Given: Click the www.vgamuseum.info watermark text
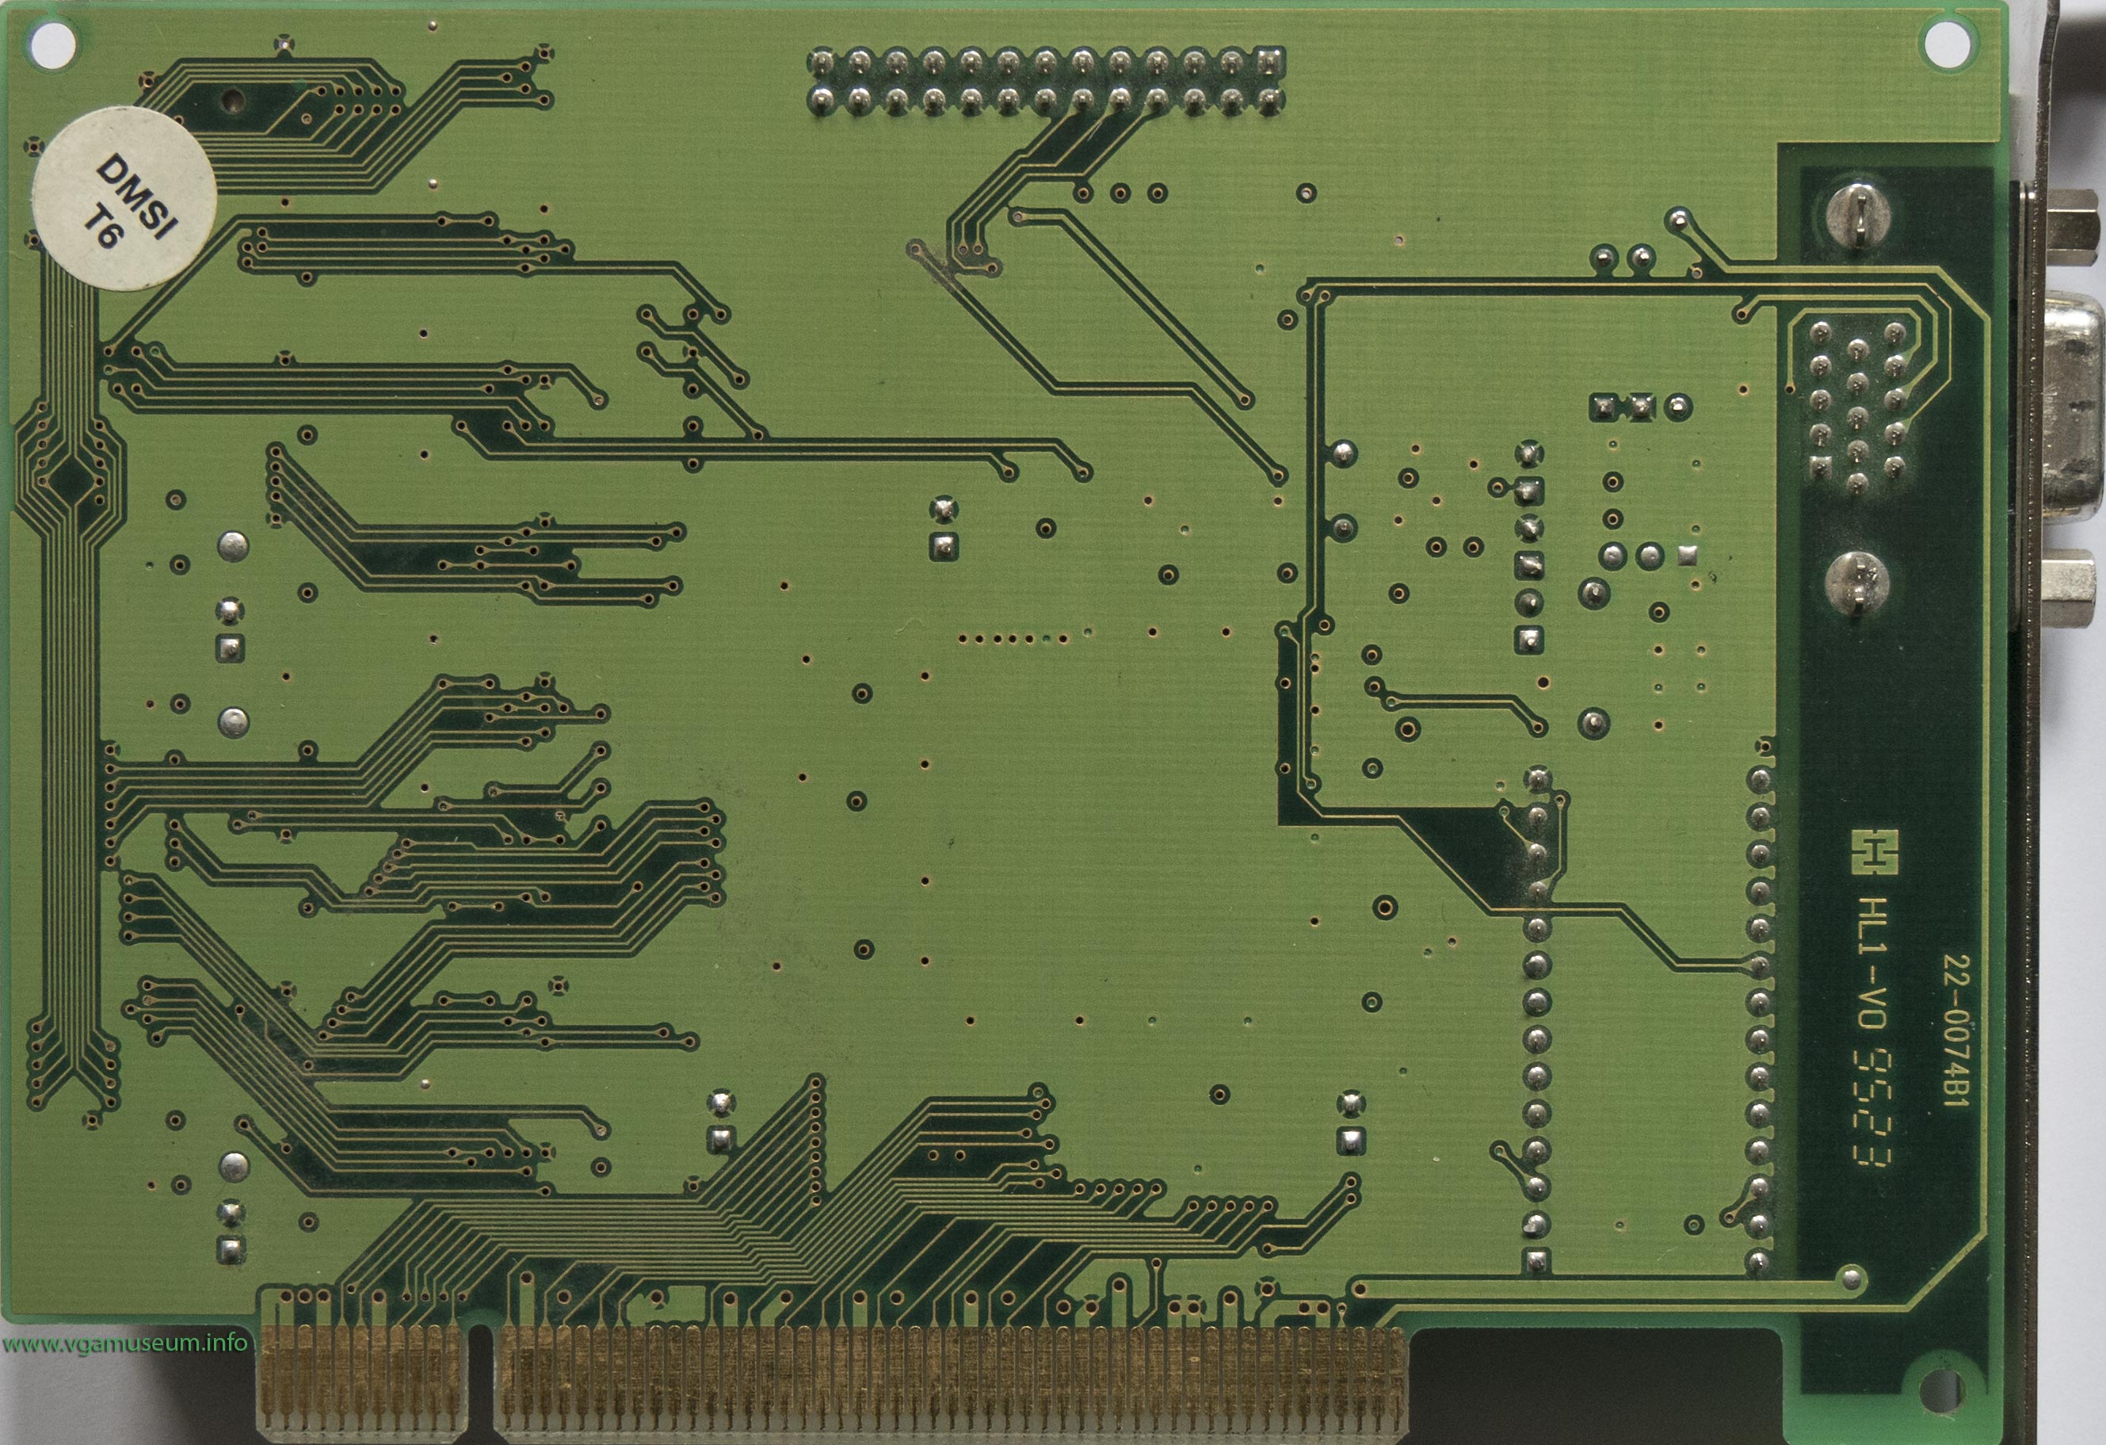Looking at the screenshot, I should pyautogui.click(x=124, y=1344).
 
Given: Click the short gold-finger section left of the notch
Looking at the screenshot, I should pyautogui.click(x=362, y=1378).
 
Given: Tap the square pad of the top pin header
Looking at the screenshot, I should pyautogui.click(x=1270, y=62).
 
